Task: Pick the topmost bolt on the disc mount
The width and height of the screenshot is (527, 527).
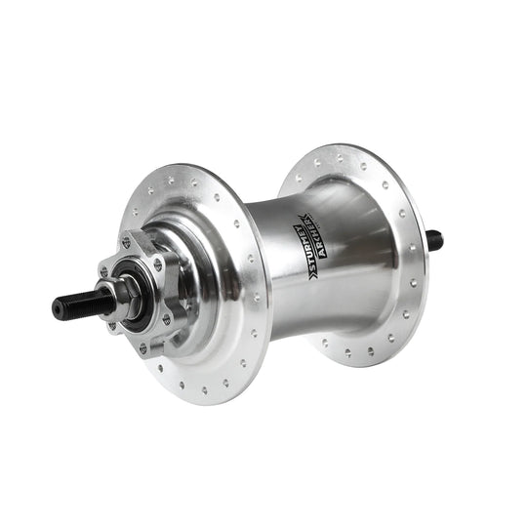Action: (x=127, y=241)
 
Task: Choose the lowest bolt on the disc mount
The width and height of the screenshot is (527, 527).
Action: (x=143, y=346)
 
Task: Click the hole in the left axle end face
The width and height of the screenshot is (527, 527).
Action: (x=56, y=311)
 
